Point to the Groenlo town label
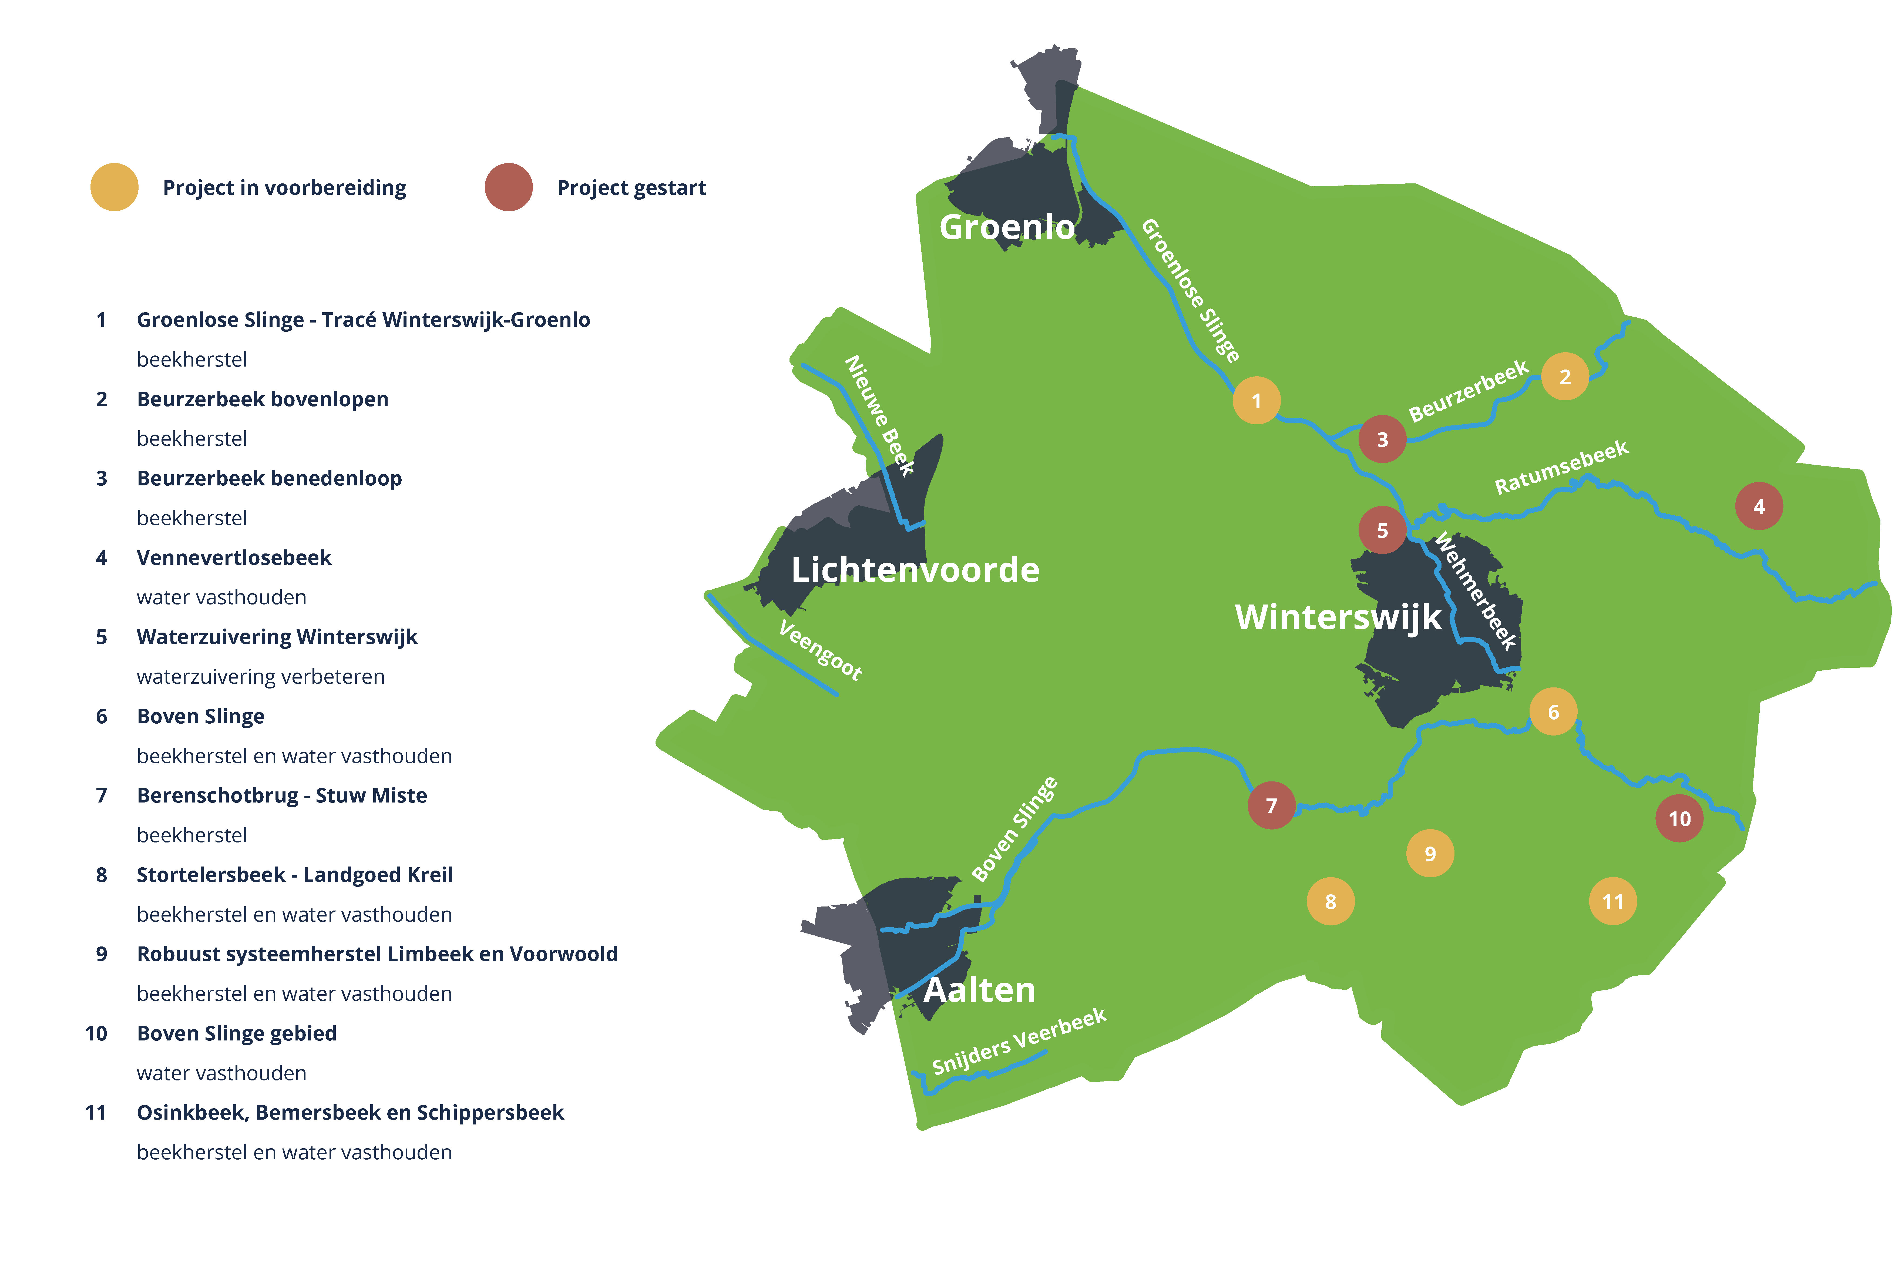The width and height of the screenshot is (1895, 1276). pos(1006,227)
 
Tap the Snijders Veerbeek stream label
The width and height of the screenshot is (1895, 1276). pos(1019,1042)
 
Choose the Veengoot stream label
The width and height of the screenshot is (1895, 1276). pos(819,649)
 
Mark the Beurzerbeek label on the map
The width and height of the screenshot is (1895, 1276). pos(1468,391)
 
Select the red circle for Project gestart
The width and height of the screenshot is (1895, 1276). pos(509,187)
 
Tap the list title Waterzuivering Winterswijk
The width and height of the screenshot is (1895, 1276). pos(277,637)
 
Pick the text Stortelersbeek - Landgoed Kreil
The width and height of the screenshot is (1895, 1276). pos(295,875)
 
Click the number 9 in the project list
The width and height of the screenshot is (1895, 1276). pos(102,954)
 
